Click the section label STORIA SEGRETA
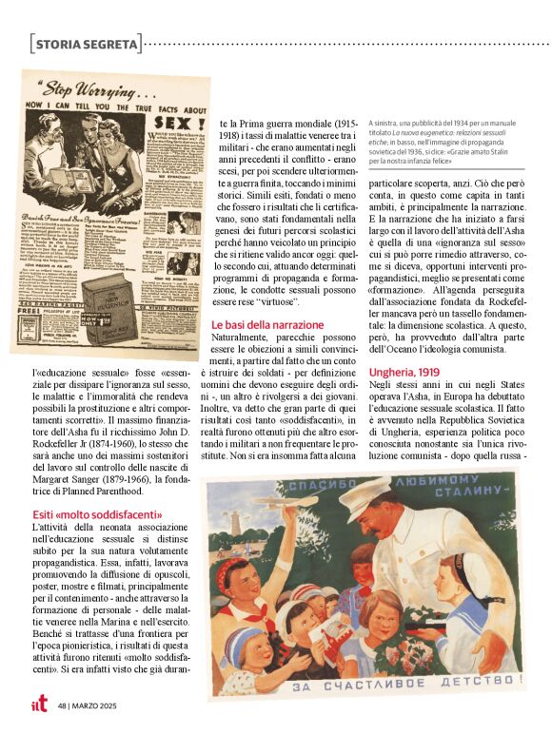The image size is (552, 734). pos(86,44)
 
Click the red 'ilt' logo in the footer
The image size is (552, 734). pos(37,705)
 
